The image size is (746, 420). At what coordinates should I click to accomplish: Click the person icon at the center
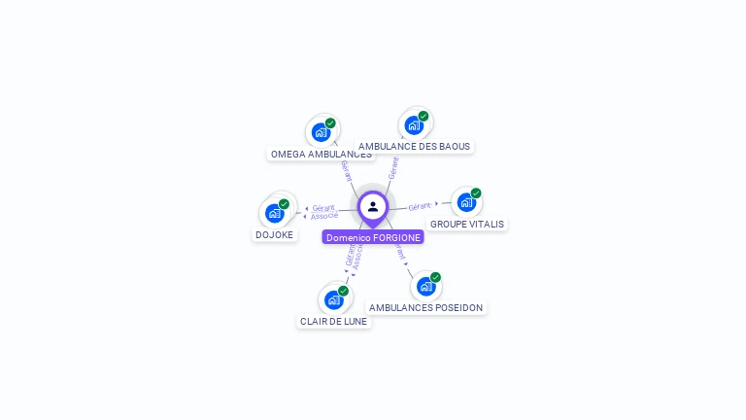click(x=373, y=206)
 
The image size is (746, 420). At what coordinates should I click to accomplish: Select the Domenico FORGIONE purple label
click(x=373, y=237)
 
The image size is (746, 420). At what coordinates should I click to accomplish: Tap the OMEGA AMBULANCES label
click(x=321, y=154)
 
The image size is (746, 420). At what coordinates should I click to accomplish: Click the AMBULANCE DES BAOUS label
click(x=414, y=147)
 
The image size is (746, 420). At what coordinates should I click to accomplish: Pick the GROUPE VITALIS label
click(x=467, y=224)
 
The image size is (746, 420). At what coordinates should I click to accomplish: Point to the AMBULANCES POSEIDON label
click(x=425, y=307)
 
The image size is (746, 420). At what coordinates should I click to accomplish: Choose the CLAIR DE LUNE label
click(x=334, y=321)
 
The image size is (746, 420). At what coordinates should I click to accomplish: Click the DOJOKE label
click(x=274, y=234)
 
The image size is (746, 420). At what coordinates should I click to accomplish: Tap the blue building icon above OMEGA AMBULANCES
click(x=320, y=131)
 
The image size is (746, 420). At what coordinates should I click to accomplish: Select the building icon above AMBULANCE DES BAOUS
click(x=413, y=124)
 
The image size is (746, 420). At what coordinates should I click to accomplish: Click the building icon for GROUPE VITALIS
click(x=465, y=202)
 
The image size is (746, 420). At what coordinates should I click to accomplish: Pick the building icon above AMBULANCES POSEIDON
click(x=424, y=287)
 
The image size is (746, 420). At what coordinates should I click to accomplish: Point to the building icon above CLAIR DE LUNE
click(x=333, y=299)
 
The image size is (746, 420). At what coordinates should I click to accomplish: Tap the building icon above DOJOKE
click(x=274, y=213)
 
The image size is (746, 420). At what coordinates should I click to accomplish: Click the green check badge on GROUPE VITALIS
click(x=476, y=192)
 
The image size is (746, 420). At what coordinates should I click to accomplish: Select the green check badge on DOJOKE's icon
click(x=284, y=204)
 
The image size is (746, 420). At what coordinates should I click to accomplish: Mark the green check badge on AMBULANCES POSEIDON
click(x=435, y=277)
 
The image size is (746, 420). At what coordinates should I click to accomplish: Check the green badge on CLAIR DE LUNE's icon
click(x=343, y=291)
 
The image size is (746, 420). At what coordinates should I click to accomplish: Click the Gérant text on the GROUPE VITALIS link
click(x=420, y=206)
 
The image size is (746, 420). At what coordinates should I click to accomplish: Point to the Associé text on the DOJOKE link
click(x=324, y=216)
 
